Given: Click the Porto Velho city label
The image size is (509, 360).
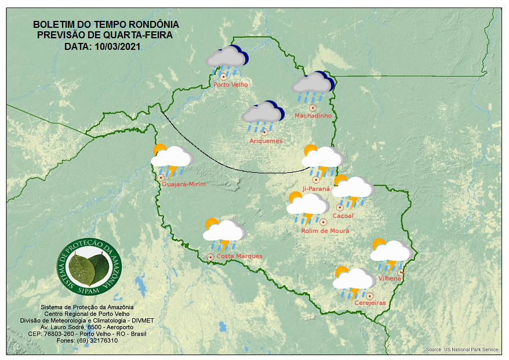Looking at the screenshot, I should coord(231,85).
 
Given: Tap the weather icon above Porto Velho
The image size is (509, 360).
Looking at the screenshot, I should coord(227,60).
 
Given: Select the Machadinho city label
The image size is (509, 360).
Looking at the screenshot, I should coord(313,116).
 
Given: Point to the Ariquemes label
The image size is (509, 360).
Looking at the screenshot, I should coord(266,141).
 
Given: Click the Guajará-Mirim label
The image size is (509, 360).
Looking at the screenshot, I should coord(184,184).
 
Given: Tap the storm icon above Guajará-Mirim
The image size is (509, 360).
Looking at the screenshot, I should coord(172,160).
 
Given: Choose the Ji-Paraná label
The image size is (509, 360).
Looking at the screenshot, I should coord(316,189).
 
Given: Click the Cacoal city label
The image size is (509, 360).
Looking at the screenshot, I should coord(343,216).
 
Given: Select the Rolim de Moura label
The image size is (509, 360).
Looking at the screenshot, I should coord(325,231).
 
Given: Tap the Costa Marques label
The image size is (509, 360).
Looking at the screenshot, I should coord(239,256).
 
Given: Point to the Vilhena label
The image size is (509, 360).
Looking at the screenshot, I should coord(390,279).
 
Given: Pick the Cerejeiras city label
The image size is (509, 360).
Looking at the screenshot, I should coord(370,303).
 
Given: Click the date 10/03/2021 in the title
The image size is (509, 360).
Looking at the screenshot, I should coord(119,46).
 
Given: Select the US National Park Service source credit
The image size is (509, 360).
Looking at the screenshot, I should coord(462,350).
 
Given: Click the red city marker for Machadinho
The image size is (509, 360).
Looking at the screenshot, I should coord(312,107).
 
